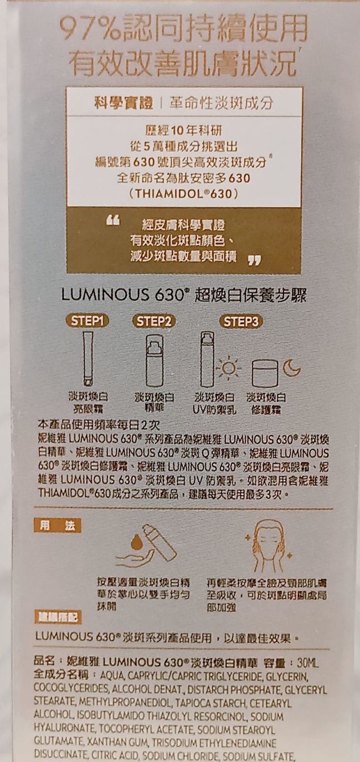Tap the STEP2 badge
153,321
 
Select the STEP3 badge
241,321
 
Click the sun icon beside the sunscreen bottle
228,368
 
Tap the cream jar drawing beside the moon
264,373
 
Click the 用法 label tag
57,526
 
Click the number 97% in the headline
93,31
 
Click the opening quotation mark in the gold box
113,220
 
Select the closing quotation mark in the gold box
254,260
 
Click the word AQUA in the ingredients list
110,676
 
